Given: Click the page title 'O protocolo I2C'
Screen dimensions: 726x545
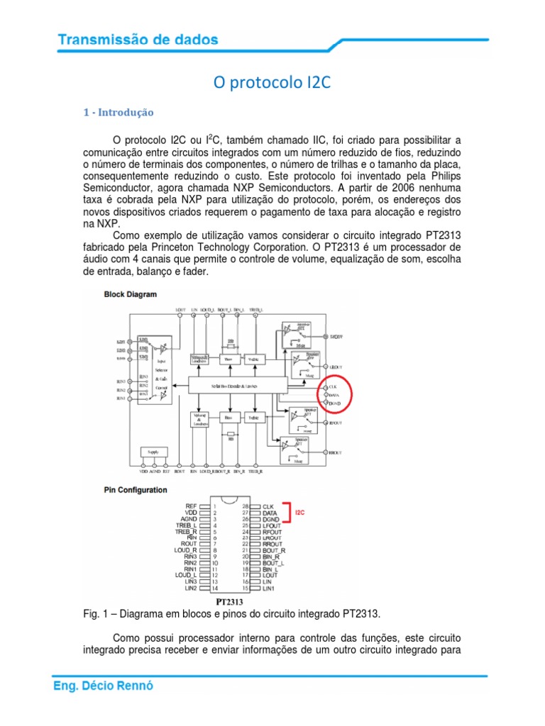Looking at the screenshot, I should point(272,84).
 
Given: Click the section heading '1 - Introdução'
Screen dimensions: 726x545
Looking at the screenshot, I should point(119,113).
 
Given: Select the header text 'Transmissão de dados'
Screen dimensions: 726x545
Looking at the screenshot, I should point(138,40).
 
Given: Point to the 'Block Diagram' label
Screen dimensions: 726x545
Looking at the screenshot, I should point(131,294).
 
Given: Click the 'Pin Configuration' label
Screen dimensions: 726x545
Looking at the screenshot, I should point(136,490).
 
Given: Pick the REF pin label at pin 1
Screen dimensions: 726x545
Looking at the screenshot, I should point(190,506).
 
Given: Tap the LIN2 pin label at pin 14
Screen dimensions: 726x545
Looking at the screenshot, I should point(190,588).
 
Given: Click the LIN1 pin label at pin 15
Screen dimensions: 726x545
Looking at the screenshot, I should point(269,588).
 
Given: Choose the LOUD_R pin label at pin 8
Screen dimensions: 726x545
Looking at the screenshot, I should point(185,549).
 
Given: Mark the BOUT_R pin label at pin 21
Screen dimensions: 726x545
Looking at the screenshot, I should point(273,549).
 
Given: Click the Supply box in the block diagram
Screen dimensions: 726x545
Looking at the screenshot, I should point(153,451).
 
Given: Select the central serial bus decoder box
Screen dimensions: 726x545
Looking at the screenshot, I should point(238,385).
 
